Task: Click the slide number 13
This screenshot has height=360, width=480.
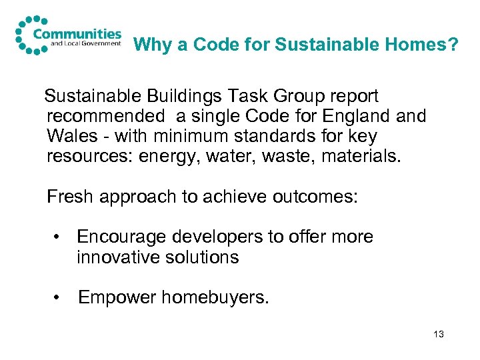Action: coord(438,334)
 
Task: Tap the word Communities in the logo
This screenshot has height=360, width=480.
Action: coord(78,33)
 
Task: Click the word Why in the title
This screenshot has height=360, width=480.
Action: coord(150,45)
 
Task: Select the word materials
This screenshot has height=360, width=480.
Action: coord(363,157)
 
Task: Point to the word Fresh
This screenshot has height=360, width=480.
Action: coord(71,197)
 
